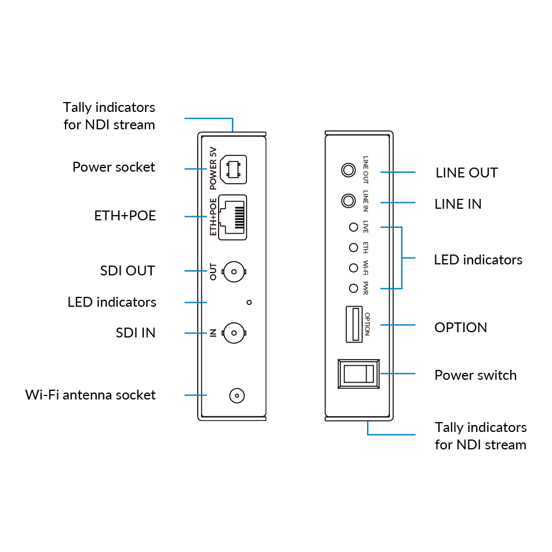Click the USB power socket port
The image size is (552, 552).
(233, 169)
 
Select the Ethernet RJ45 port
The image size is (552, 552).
(233, 217)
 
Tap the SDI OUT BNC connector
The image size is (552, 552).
(234, 271)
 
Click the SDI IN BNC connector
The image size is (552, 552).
(234, 333)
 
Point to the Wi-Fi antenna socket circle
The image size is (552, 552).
(237, 395)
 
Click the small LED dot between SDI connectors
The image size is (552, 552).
(249, 303)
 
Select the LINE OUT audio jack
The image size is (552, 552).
(348, 170)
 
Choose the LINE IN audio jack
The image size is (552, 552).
(348, 201)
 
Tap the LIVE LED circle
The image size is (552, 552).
(354, 227)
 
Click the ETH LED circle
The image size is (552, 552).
(354, 248)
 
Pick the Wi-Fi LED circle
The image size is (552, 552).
(354, 268)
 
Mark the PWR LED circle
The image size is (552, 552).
(354, 288)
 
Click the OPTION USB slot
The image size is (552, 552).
(354, 324)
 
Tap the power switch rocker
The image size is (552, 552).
(358, 373)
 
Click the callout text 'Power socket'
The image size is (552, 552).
(114, 167)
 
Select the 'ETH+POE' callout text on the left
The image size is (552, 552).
(125, 216)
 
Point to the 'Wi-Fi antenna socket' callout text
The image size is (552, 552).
(90, 395)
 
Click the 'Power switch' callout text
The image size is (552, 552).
(475, 375)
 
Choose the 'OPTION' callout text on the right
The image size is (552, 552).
(461, 328)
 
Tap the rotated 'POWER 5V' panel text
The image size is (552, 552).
(213, 169)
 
